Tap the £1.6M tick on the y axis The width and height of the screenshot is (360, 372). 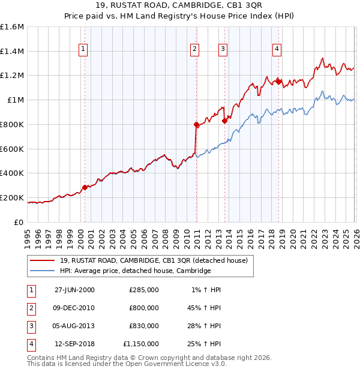pos(11,27)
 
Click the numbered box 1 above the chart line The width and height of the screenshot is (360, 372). pos(83,50)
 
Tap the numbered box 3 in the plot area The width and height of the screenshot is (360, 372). pos(223,50)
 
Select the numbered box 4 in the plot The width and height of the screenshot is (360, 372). pos(277,50)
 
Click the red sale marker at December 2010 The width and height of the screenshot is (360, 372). pos(196,125)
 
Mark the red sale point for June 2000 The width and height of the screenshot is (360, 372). pos(85,187)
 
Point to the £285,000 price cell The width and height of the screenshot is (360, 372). pos(144,290)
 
